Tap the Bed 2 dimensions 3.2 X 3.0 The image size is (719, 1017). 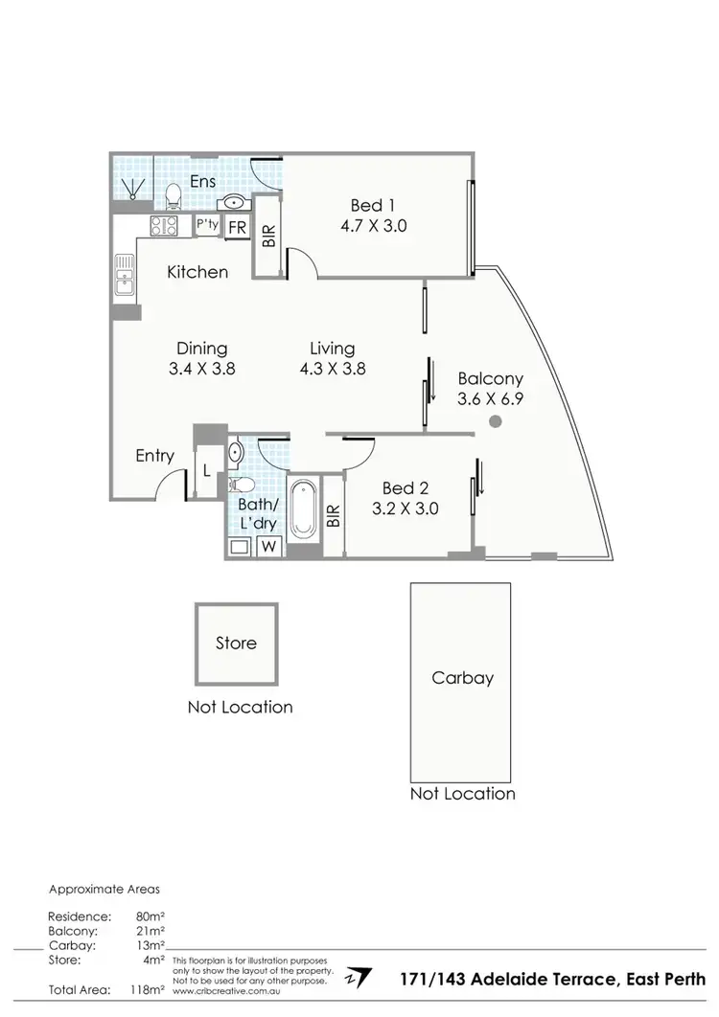(406, 508)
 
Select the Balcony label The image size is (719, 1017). (489, 377)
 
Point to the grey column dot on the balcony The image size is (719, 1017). (495, 421)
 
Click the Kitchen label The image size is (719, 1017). (197, 272)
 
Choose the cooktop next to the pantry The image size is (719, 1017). (164, 226)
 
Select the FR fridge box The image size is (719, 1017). (236, 228)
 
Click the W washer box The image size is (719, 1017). (269, 547)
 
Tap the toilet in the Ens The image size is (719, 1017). (174, 197)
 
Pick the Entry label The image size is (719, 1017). (154, 455)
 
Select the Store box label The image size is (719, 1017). (236, 643)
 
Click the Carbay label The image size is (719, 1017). (462, 678)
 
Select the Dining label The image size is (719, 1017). (201, 349)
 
